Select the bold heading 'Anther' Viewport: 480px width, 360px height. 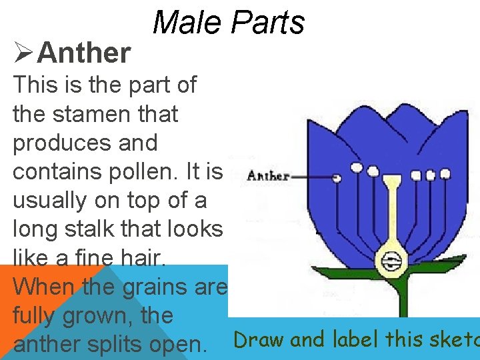[x=84, y=53]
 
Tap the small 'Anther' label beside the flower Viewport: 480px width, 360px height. [x=269, y=177]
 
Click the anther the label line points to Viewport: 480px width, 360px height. [x=337, y=178]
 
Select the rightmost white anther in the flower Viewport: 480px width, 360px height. [x=445, y=174]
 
